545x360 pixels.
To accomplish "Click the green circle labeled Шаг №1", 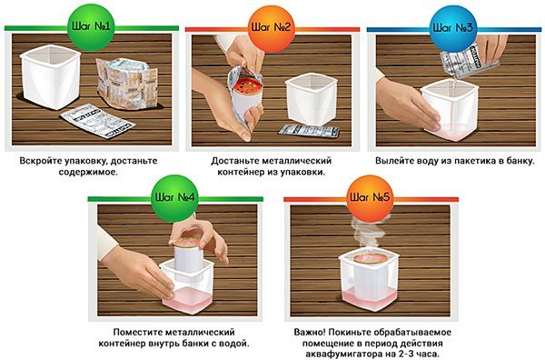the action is pyautogui.click(x=91, y=26).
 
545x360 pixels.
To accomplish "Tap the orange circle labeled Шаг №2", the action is pyautogui.click(x=271, y=28).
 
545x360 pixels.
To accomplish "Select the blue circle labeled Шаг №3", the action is pyautogui.click(x=452, y=28).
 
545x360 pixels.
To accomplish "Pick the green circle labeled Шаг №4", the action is pyautogui.click(x=174, y=198).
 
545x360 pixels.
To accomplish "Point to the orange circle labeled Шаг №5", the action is pyautogui.click(x=370, y=198).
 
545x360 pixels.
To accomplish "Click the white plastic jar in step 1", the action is pyautogui.click(x=50, y=76).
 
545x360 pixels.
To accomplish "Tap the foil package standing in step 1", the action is pyautogui.click(x=126, y=84).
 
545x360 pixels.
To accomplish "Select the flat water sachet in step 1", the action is pyautogui.click(x=97, y=121).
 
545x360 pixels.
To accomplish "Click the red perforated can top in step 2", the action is pyautogui.click(x=247, y=85).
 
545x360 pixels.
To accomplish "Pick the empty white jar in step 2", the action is pyautogui.click(x=311, y=98).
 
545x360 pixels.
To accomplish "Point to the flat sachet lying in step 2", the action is pyautogui.click(x=309, y=131).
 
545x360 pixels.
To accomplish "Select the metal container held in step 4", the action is pyautogui.click(x=188, y=259).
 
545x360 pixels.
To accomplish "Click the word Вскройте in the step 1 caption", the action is pyautogui.click(x=41, y=161).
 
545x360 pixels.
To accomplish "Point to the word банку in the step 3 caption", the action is pyautogui.click(x=520, y=161).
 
